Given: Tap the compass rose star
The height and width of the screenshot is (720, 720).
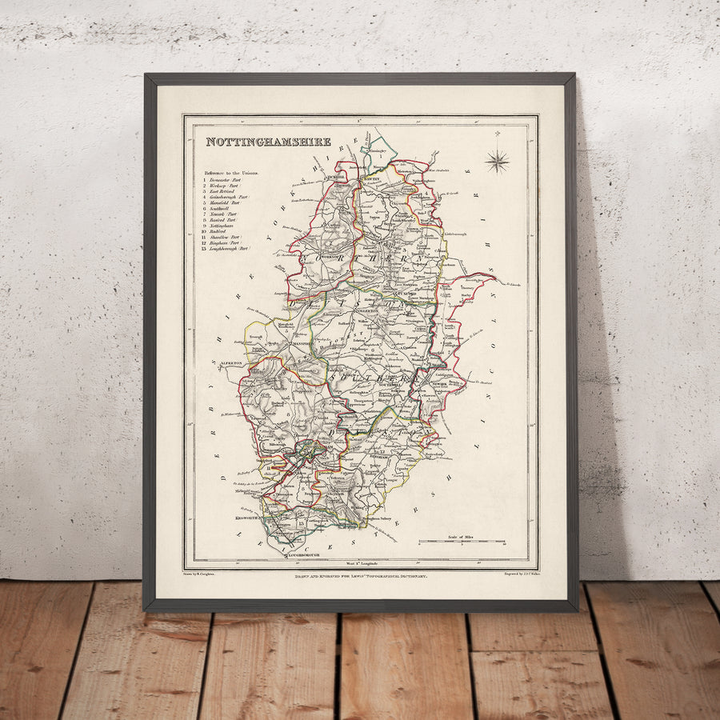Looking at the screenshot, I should tap(497, 161).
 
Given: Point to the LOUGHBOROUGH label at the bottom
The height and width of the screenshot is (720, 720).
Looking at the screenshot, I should tap(298, 554).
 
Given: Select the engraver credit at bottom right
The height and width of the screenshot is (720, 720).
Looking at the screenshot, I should tap(520, 573).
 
